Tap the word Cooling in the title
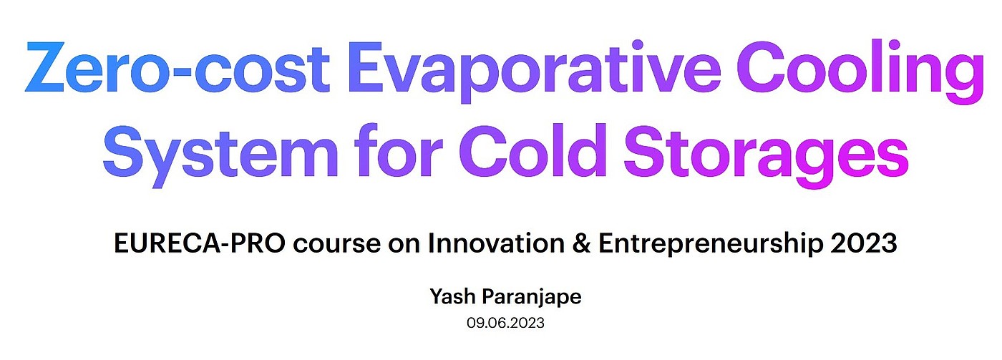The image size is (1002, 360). pyautogui.click(x=860, y=72)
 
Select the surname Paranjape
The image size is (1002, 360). pyautogui.click(x=532, y=298)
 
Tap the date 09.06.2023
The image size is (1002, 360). pyautogui.click(x=505, y=323)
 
